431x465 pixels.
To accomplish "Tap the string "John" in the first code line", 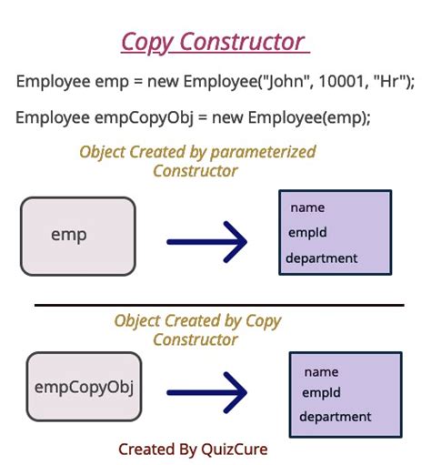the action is click(286, 81).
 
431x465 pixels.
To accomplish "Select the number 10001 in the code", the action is click(341, 81).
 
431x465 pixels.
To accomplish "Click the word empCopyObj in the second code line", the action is click(144, 118).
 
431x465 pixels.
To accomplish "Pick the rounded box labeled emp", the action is click(78, 237).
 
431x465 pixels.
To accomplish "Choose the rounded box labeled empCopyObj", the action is click(84, 387).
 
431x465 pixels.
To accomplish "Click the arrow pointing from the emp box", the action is click(207, 242).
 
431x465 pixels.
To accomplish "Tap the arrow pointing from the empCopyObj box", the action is click(207, 392).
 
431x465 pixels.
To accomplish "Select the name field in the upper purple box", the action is click(307, 207).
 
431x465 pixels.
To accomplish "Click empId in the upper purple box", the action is click(307, 233).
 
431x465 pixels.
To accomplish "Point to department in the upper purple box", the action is click(322, 258).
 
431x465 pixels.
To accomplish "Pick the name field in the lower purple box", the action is click(321, 372).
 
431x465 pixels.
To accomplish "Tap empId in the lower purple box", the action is click(321, 393).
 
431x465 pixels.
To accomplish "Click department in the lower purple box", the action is click(336, 417).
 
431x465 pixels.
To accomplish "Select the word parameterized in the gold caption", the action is click(263, 152).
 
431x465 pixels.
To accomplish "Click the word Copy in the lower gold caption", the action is click(264, 321).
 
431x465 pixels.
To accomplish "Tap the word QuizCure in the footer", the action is click(235, 450).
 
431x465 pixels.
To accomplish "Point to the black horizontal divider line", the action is click(219, 305).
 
